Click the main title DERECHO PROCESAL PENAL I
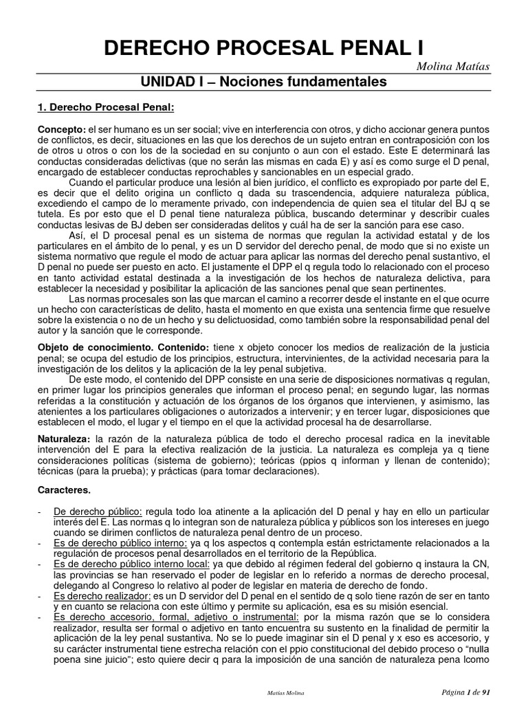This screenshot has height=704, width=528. pos(263,47)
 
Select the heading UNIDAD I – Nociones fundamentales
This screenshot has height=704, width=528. pos(264,82)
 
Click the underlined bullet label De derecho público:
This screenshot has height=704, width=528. pos(98,513)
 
